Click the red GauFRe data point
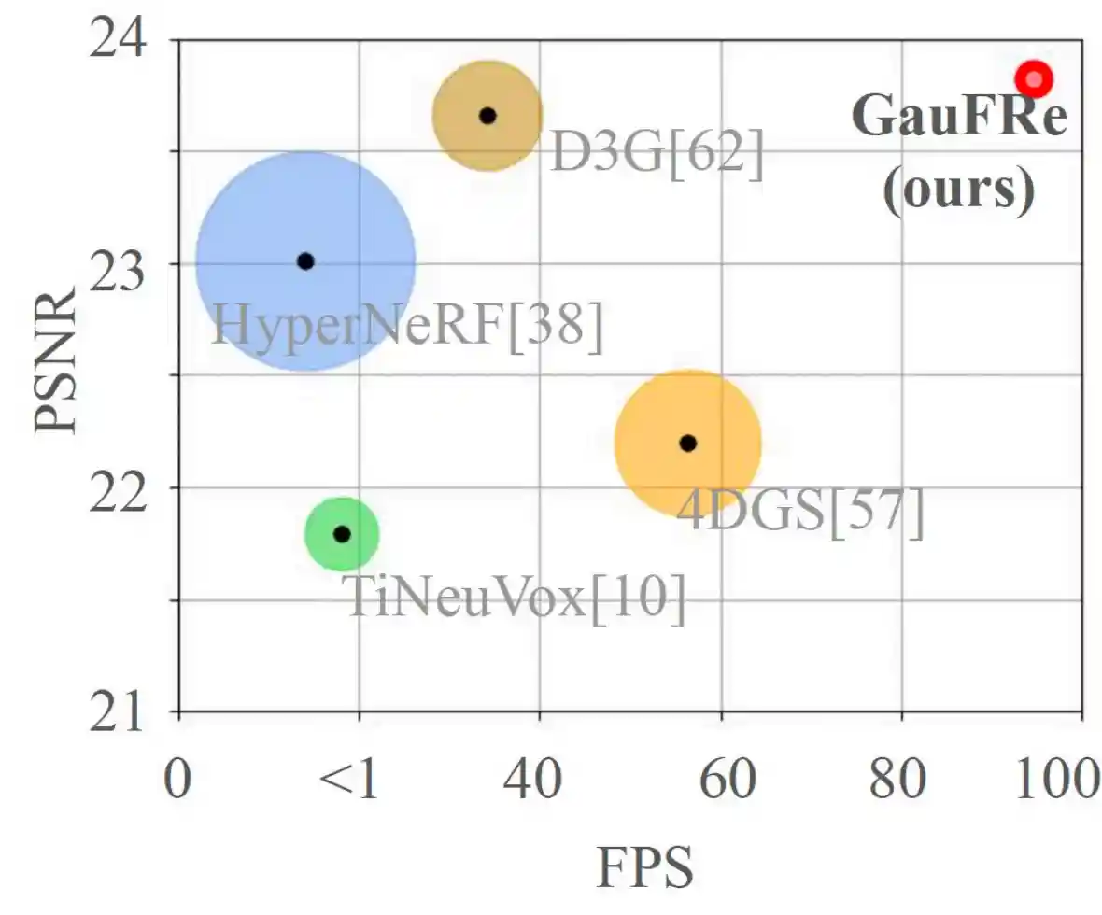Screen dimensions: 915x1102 click(x=1034, y=79)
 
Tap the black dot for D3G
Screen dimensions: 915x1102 click(x=487, y=116)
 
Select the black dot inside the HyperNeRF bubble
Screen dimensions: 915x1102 click(x=305, y=261)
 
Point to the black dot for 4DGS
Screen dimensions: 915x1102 click(x=688, y=443)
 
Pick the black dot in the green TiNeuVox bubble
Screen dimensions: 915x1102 click(x=342, y=534)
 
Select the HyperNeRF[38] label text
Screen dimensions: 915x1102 click(x=407, y=328)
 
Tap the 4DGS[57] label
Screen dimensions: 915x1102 click(x=800, y=513)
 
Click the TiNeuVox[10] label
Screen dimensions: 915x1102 click(x=516, y=598)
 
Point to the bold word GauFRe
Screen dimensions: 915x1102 click(x=959, y=120)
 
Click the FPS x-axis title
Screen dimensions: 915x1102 click(x=645, y=867)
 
